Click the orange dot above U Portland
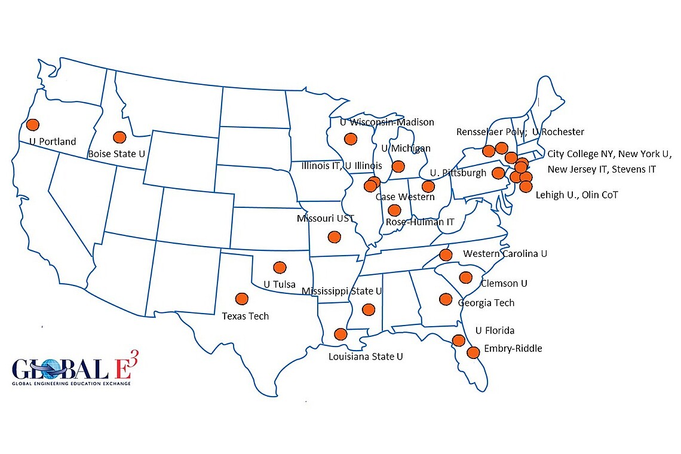pyautogui.click(x=32, y=124)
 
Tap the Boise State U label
pyautogui.click(x=116, y=154)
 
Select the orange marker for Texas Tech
pyautogui.click(x=242, y=298)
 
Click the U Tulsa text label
pyautogui.click(x=280, y=284)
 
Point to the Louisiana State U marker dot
pyautogui.click(x=340, y=334)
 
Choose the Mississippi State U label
pyautogui.click(x=342, y=291)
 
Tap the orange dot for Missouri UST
pyautogui.click(x=334, y=237)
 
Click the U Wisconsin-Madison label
pyautogui.click(x=386, y=122)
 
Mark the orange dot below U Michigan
pyautogui.click(x=398, y=166)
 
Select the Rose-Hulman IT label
pyautogui.click(x=420, y=222)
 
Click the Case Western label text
pyautogui.click(x=404, y=197)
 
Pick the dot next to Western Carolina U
pyautogui.click(x=446, y=255)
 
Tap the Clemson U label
pyautogui.click(x=504, y=283)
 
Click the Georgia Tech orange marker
pyautogui.click(x=446, y=299)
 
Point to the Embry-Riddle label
pyautogui.click(x=513, y=348)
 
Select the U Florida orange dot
pyautogui.click(x=459, y=340)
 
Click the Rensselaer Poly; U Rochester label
pyautogui.click(x=520, y=131)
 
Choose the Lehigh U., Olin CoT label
pyautogui.click(x=576, y=195)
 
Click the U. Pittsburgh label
pyautogui.click(x=458, y=173)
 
